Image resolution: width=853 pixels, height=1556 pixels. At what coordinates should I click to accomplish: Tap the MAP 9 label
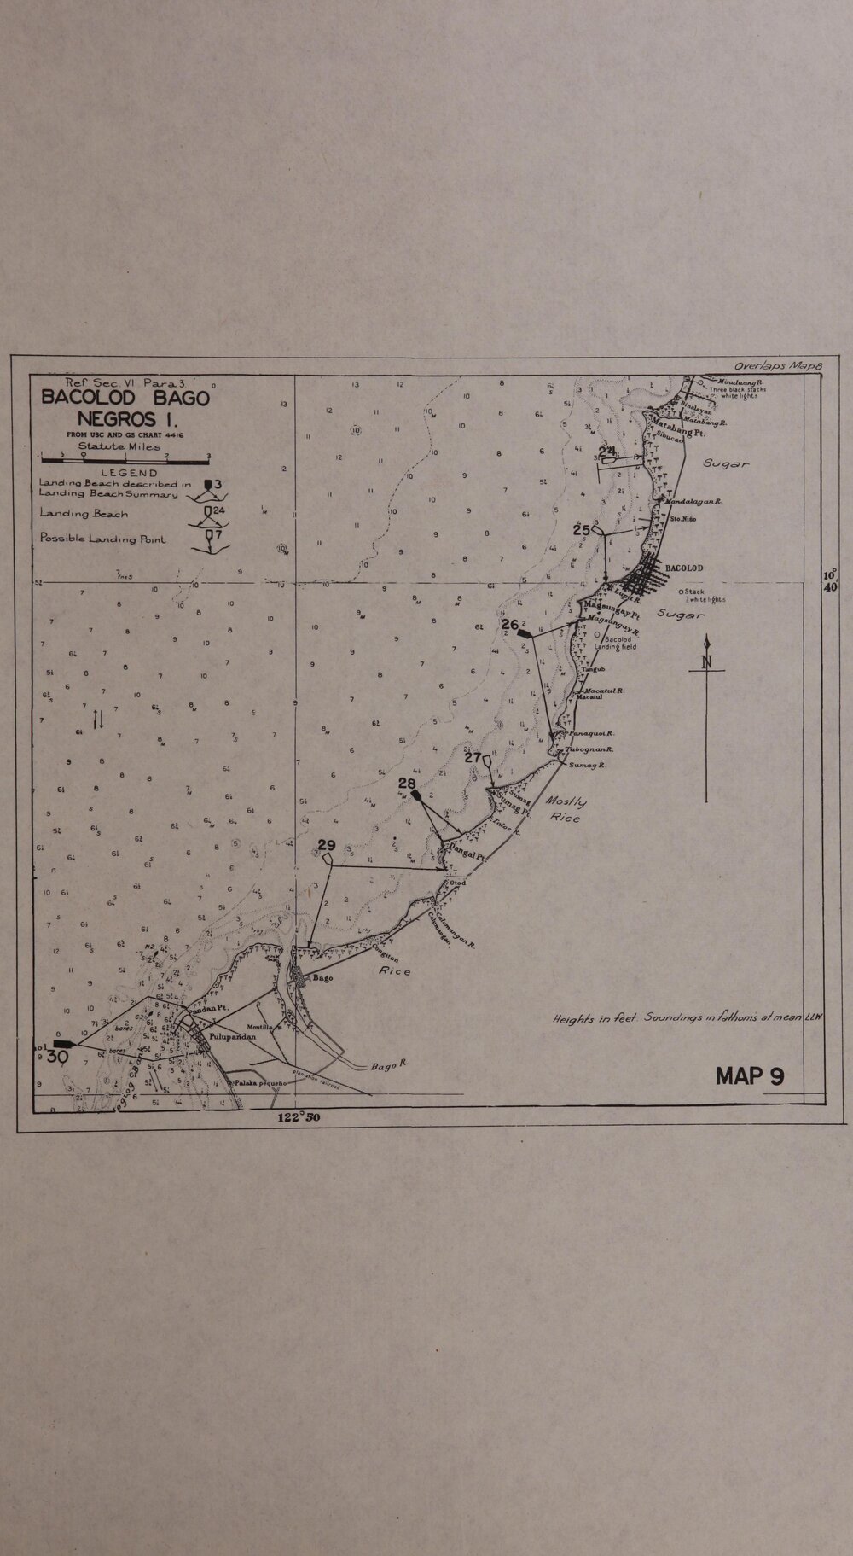pyautogui.click(x=750, y=1075)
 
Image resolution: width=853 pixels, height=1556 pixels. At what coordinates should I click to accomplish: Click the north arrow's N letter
pyautogui.click(x=706, y=662)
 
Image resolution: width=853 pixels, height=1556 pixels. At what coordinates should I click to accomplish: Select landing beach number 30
pyautogui.click(x=58, y=1056)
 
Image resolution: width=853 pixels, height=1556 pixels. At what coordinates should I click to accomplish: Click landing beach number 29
pyautogui.click(x=326, y=846)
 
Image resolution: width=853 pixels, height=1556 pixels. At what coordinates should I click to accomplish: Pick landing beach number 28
pyautogui.click(x=407, y=784)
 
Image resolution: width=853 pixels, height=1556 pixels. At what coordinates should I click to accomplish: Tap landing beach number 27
pyautogui.click(x=473, y=757)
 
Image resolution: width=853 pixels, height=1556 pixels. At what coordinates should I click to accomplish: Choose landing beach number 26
pyautogui.click(x=510, y=624)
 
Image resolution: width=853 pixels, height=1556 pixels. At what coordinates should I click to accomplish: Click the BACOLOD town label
pyautogui.click(x=683, y=568)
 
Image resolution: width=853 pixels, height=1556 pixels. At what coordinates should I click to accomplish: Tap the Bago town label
pyautogui.click(x=322, y=978)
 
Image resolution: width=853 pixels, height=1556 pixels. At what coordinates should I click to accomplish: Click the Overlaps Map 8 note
pyautogui.click(x=778, y=365)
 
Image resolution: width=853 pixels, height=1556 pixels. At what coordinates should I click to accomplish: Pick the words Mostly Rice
pyautogui.click(x=566, y=810)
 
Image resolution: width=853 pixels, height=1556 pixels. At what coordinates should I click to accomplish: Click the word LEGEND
pyautogui.click(x=129, y=473)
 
